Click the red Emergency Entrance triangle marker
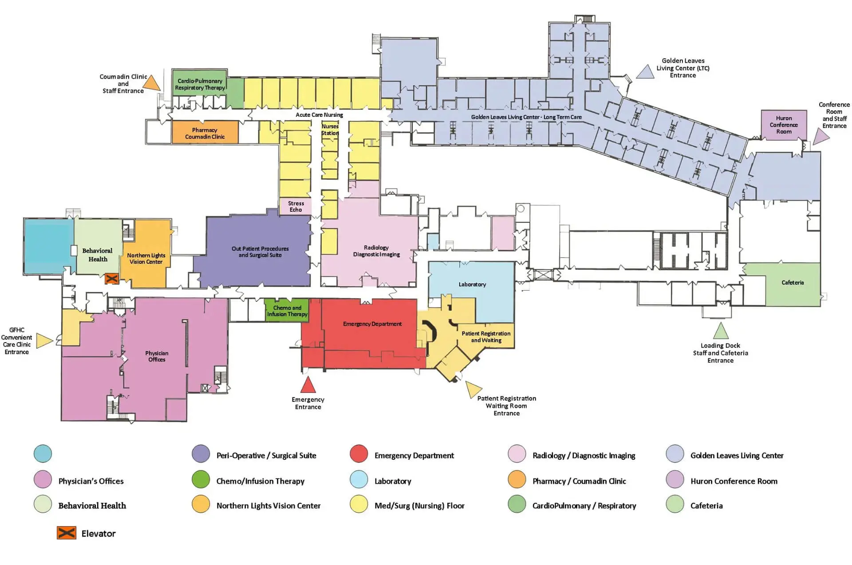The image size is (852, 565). (308, 385)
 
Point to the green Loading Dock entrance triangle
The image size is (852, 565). (721, 332)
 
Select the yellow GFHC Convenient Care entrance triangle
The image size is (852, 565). (43, 340)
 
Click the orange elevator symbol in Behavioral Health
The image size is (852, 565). (111, 279)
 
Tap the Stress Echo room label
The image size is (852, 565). (296, 206)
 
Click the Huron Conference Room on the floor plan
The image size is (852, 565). (784, 125)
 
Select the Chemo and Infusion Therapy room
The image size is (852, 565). (287, 311)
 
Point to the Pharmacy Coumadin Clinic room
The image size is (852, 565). (205, 133)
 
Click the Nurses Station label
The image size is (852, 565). (330, 130)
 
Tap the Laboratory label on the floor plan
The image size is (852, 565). (472, 284)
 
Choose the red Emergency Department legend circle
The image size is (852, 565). (359, 454)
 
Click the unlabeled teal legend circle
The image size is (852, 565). (43, 454)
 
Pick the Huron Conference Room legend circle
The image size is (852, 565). (675, 479)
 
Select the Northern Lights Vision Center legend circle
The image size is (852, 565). (201, 504)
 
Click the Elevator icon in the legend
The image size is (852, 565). (67, 533)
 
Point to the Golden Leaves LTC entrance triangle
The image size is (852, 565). (645, 72)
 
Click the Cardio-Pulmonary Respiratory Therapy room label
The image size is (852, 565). (200, 84)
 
